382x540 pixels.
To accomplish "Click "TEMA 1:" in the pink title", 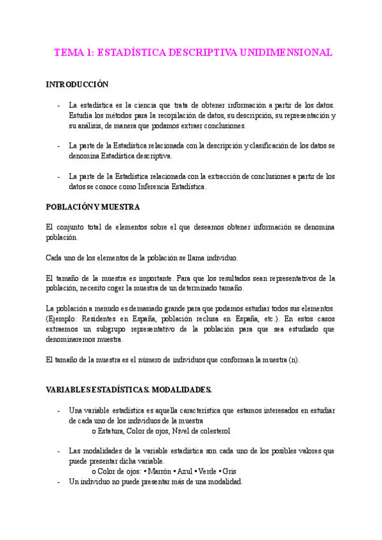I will pos(72,53).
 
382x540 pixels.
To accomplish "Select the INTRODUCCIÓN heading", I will pos(78,85).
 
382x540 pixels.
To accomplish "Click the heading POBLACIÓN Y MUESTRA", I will pos(93,207).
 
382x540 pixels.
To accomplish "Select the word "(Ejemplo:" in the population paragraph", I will pos(64,318).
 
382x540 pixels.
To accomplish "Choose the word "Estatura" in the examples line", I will pos(113,431).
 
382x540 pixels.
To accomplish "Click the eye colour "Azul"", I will pos(190,471).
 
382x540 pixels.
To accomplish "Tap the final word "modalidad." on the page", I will pos(223,482).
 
